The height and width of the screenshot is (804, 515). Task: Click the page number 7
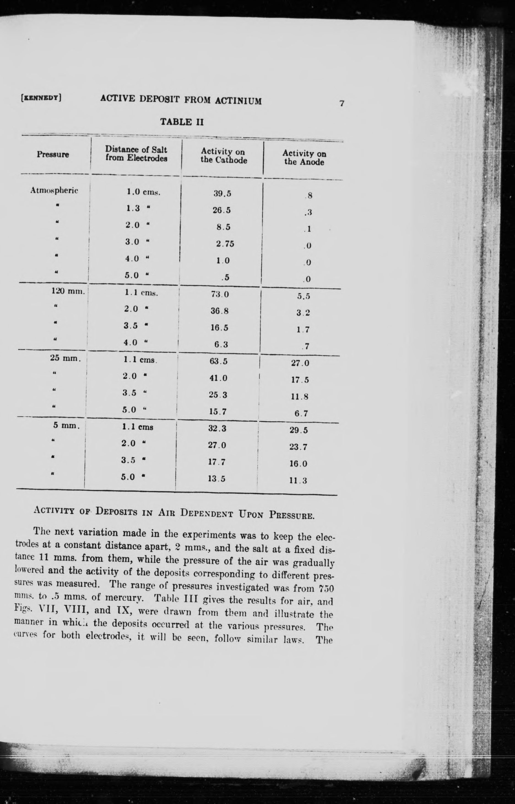(341, 103)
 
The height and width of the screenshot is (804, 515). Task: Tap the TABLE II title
(182, 122)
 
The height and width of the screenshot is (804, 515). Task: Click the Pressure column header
(53, 155)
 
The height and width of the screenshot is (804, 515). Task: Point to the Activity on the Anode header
(304, 158)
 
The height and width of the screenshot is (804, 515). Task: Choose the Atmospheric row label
(54, 190)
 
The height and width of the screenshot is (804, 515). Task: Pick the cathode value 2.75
(225, 244)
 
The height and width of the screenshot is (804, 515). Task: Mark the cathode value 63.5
(219, 361)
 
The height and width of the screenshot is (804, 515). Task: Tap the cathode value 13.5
(217, 479)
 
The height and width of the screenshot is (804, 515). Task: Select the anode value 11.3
(298, 481)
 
